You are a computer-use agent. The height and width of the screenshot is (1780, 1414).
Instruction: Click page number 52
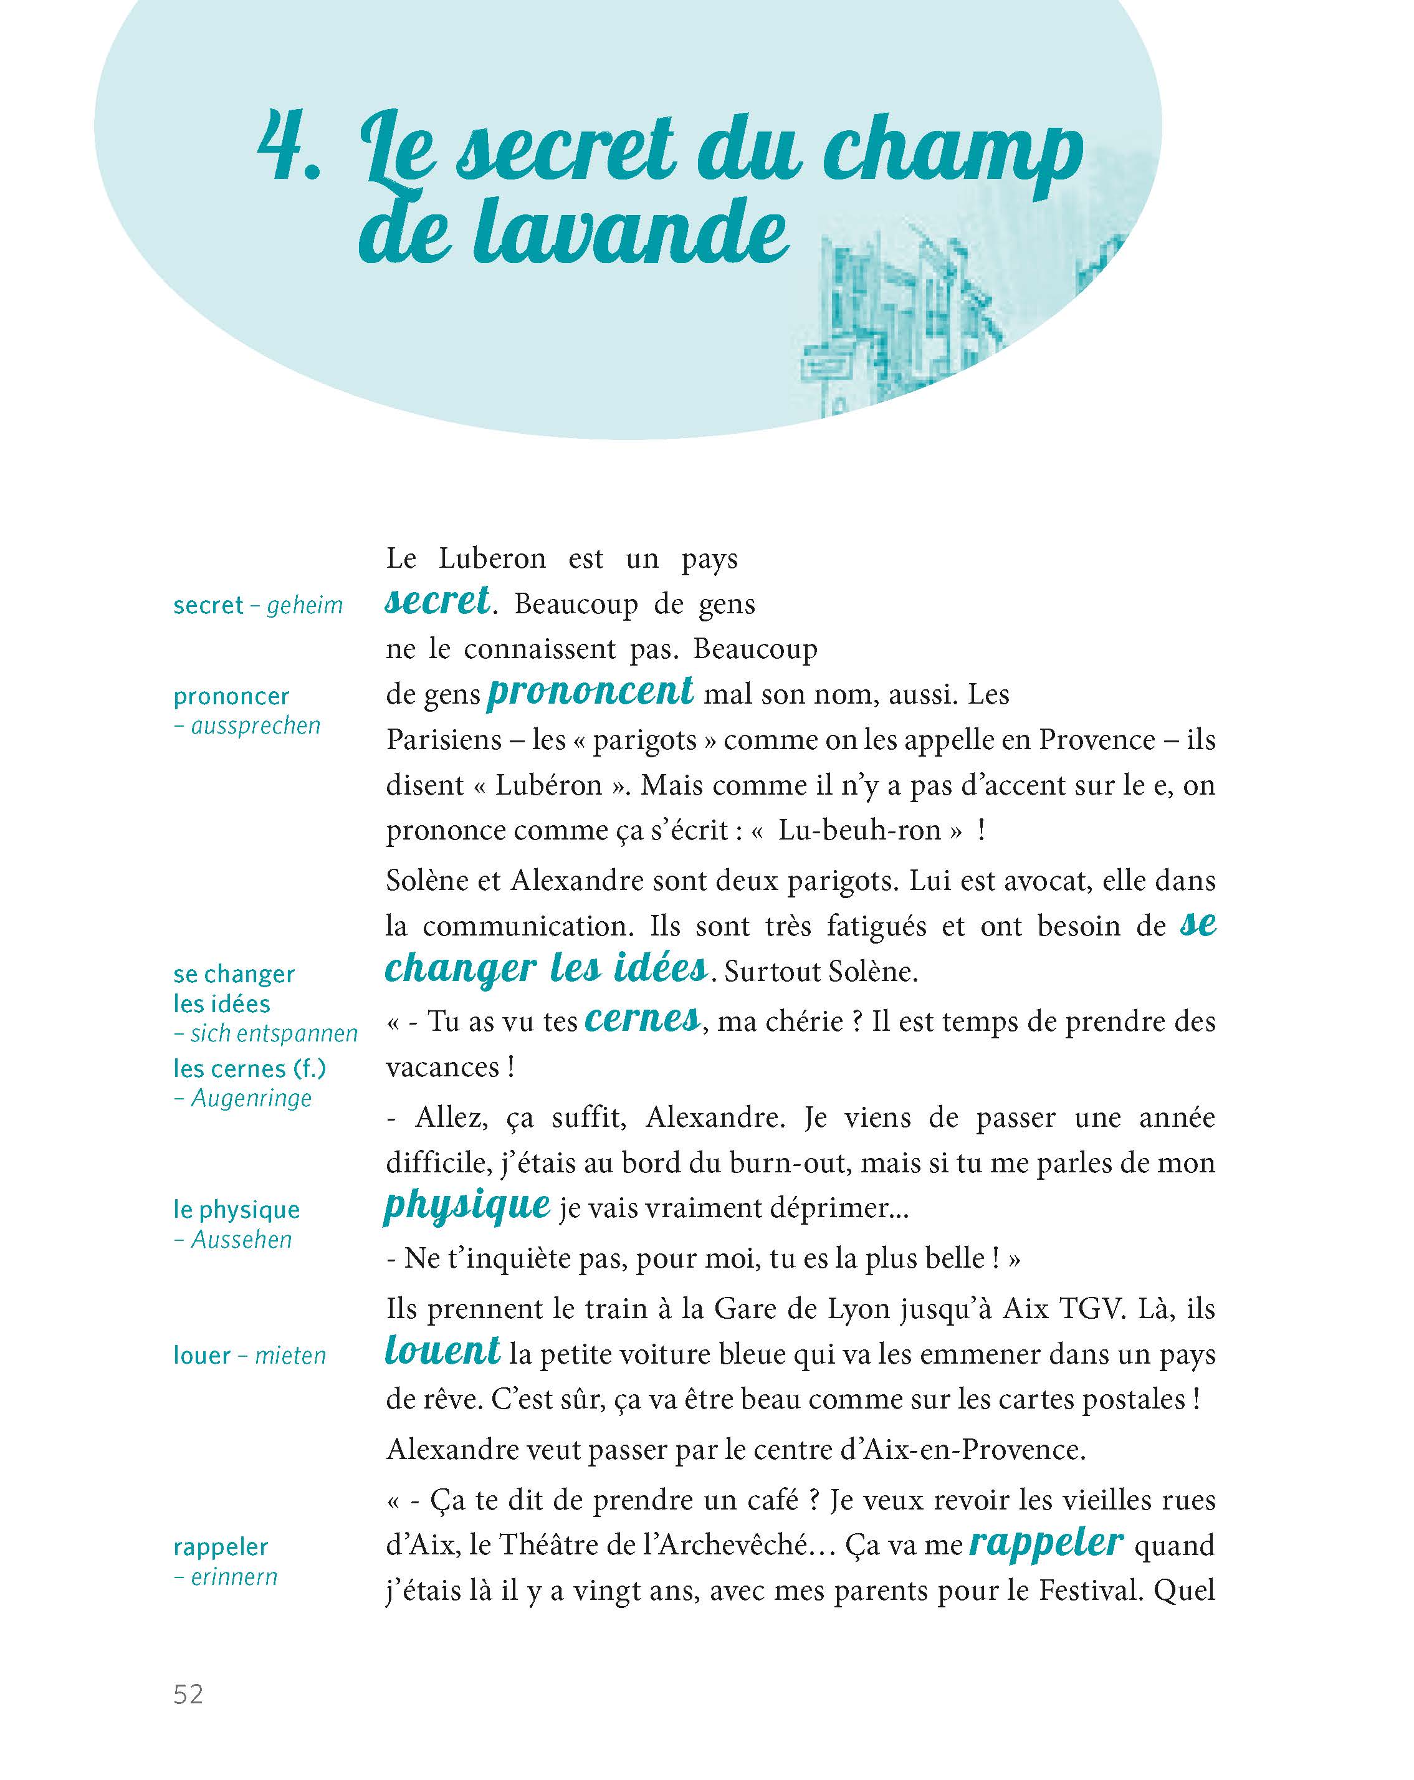[x=188, y=1694]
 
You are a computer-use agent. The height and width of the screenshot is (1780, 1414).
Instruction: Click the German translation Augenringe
[x=251, y=1098]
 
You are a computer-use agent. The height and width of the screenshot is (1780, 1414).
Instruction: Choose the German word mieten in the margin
[x=290, y=1356]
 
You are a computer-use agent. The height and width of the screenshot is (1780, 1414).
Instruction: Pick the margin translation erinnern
[x=234, y=1577]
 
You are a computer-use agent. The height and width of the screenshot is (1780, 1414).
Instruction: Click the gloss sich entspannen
[x=273, y=1033]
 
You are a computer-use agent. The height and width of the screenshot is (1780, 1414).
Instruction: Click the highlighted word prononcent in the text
[x=590, y=692]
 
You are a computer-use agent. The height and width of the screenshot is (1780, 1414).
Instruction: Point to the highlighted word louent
[x=442, y=1351]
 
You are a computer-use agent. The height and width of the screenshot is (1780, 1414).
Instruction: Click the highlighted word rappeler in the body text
[x=1046, y=1541]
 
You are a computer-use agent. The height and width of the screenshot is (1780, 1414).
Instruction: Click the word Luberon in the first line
[x=492, y=559]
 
